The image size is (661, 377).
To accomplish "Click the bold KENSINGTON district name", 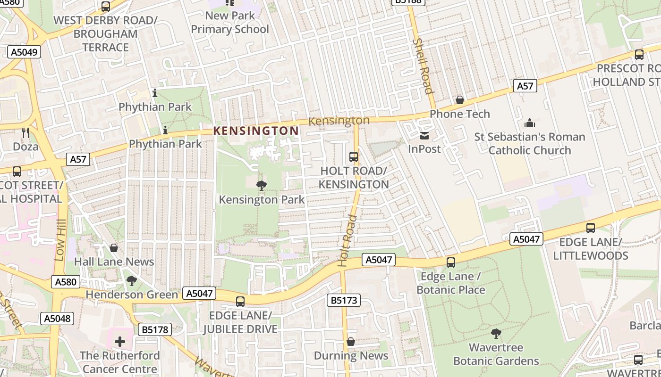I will tap(256, 131).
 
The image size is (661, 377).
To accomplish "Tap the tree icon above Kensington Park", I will tap(261, 186).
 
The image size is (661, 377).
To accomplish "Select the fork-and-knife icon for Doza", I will tap(25, 133).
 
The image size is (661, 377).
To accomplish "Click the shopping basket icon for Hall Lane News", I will tap(113, 248).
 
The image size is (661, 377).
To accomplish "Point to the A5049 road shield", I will tap(24, 52).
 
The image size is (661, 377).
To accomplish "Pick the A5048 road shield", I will tap(57, 319).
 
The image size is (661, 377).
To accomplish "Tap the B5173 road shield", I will tap(344, 300).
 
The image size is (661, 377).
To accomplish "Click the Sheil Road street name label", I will tap(423, 66).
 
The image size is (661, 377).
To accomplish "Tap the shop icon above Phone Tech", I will tap(459, 100).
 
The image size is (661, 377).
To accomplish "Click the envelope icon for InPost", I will tap(424, 136).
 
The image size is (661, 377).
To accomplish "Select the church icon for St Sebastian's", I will tap(529, 123).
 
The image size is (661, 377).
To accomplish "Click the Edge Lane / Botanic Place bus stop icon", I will tap(451, 262).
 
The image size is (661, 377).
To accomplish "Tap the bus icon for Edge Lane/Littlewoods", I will tap(590, 228).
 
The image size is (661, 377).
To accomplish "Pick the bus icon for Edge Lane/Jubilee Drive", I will tap(240, 302).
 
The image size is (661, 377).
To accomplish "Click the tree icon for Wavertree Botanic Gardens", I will tap(496, 334).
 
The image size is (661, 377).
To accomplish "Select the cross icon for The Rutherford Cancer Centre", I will tap(120, 341).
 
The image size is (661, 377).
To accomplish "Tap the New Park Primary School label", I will tap(230, 22).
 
